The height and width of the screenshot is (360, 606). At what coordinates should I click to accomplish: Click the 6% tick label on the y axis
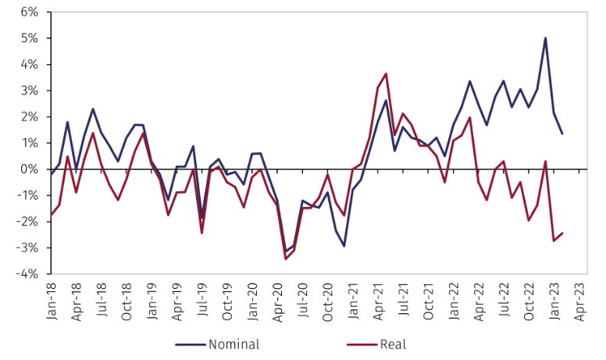[28, 12]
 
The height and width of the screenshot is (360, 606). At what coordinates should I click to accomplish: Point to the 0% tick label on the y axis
[28, 169]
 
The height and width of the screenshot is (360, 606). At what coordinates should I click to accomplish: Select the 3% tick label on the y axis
[28, 91]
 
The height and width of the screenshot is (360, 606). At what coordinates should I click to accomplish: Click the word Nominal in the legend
[234, 344]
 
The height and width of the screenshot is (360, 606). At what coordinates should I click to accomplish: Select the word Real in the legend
[394, 344]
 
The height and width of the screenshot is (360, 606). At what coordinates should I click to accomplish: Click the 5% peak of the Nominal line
[545, 38]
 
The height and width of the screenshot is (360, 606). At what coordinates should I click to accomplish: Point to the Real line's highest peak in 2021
[386, 74]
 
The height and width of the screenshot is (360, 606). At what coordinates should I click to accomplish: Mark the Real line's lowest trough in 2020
[286, 258]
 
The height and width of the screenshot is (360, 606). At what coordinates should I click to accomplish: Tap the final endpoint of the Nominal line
[562, 134]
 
